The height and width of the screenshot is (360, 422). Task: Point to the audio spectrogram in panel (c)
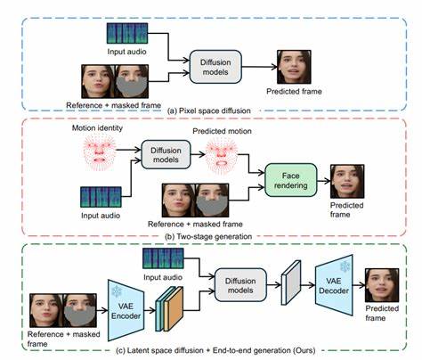[168, 263]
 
